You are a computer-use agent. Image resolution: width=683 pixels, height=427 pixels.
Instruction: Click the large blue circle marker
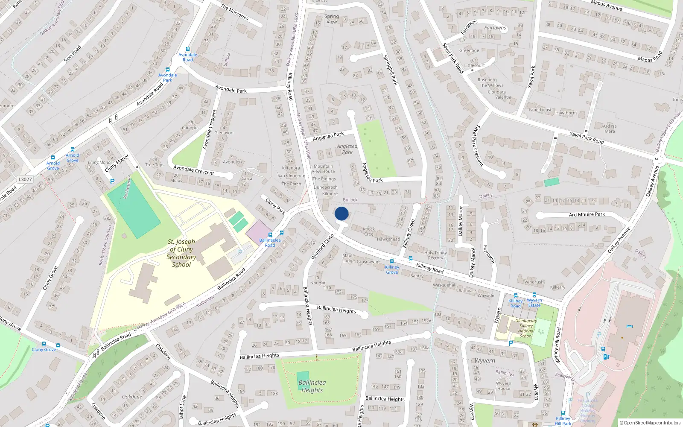coord(341,213)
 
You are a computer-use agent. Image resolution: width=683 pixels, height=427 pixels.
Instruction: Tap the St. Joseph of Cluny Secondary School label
coord(181,253)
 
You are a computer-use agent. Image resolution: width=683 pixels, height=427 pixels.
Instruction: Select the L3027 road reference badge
coord(25,179)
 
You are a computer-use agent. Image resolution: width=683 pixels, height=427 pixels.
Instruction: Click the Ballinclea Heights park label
coord(312,386)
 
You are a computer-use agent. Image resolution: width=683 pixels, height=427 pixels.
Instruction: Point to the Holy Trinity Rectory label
coord(435,255)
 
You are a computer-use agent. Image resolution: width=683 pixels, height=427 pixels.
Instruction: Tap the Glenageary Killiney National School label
coord(526,328)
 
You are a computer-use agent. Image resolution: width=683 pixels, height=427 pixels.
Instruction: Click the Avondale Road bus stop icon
coord(187,50)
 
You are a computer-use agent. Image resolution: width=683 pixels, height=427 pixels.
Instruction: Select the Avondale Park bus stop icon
coord(167,70)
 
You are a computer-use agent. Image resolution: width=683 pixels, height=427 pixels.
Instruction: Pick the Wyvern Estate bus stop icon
coord(534,295)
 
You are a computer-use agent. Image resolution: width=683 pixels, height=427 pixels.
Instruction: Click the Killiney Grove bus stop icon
coord(392,261)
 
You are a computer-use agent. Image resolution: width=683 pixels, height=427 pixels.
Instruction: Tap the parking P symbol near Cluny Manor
coord(112,181)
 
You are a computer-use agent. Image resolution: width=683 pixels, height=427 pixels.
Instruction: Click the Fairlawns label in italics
coord(495,28)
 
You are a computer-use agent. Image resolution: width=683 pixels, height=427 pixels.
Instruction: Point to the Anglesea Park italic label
coord(347,149)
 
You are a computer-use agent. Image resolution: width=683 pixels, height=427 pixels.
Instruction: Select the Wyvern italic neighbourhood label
coord(485,361)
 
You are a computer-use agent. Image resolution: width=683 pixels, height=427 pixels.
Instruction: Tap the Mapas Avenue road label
coord(607,6)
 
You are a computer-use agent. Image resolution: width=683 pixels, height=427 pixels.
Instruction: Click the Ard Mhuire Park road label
coord(587,214)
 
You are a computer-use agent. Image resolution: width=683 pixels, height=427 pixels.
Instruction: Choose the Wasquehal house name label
coord(444,285)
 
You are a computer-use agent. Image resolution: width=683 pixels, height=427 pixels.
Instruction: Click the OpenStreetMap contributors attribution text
coord(652,423)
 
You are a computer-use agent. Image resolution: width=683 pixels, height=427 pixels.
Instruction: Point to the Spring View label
coord(332,19)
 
